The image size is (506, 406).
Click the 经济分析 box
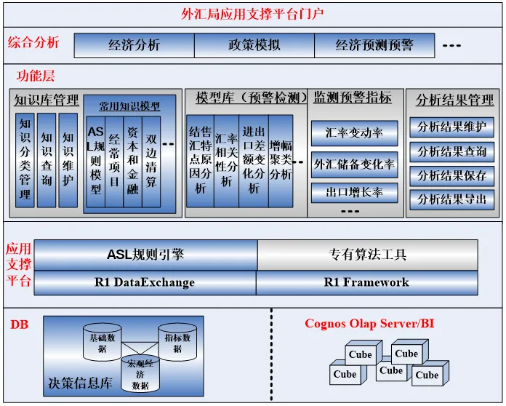point(134,45)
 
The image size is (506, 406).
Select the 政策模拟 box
point(254,45)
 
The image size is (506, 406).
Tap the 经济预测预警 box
point(374,45)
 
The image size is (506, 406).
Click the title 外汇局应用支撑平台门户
point(252,13)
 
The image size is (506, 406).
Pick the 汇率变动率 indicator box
point(354,133)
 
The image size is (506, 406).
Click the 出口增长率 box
point(354,194)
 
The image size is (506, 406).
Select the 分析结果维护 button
point(451,127)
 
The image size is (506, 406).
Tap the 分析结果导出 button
point(451,199)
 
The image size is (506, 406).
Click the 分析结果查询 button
point(451,152)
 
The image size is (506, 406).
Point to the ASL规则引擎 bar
point(145,255)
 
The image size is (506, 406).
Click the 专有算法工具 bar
point(367,255)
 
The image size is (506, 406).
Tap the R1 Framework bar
point(366,282)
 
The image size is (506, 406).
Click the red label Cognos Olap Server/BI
point(369,323)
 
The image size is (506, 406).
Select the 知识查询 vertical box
point(47,159)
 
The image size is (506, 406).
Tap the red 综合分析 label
point(33,43)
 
